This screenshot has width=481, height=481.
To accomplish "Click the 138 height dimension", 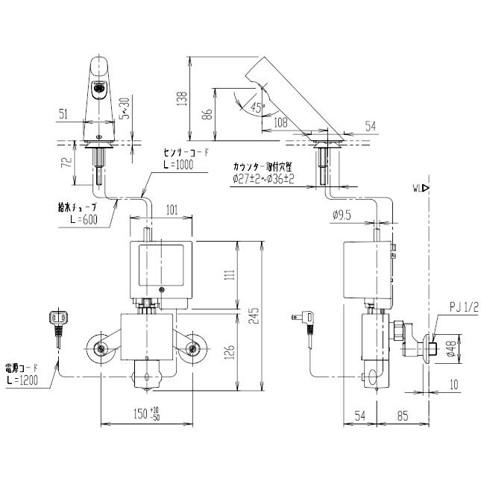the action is click(x=183, y=98).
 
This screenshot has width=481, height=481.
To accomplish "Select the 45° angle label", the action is click(x=257, y=107).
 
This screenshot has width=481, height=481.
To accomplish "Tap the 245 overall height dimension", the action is click(x=254, y=316).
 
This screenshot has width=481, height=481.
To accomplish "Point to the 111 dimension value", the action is click(x=231, y=274).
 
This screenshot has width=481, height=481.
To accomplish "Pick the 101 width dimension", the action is click(x=172, y=211).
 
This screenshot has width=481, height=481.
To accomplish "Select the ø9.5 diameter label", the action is click(x=342, y=216).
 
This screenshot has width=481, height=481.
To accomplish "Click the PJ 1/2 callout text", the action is click(x=464, y=308).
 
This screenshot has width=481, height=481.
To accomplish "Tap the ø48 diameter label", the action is click(x=450, y=349).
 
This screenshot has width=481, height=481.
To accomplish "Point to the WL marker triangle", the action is click(x=426, y=188).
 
